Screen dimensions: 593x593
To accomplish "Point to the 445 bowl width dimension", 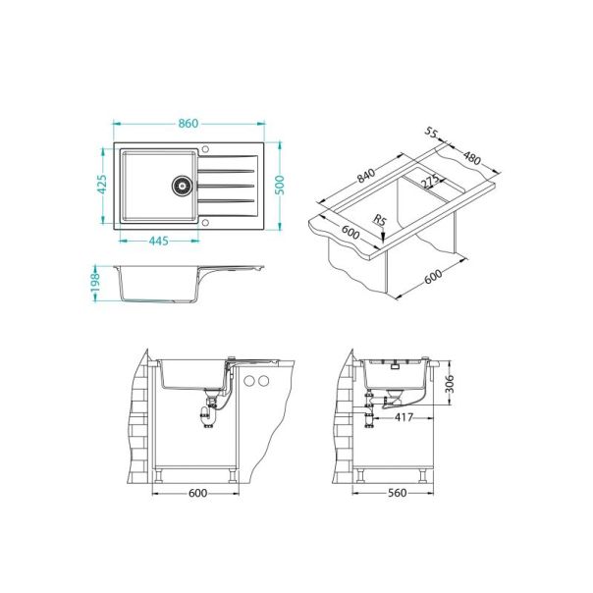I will tap(157, 240).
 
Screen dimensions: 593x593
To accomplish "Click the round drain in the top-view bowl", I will tap(181, 184).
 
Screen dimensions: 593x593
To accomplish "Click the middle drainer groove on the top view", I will tap(228, 185).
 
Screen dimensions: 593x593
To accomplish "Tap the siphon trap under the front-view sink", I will tap(206, 413).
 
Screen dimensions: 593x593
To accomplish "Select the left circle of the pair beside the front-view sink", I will tap(250, 381).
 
